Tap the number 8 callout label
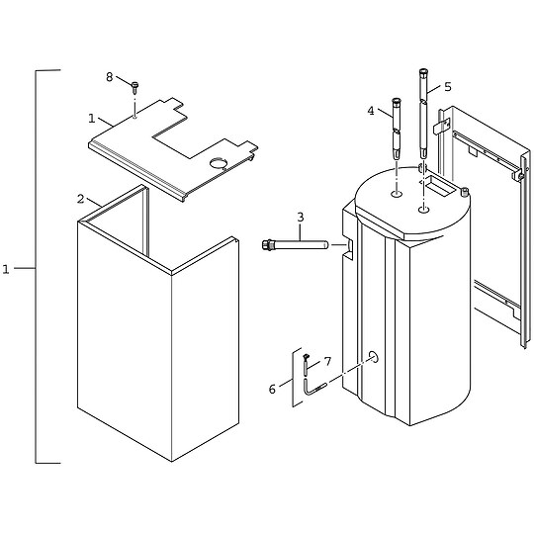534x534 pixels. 110,76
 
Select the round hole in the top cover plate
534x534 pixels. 220,161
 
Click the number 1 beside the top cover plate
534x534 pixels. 91,118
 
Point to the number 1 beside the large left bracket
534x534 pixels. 6,268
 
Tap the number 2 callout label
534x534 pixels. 81,199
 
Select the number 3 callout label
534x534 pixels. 300,217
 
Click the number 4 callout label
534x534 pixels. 371,111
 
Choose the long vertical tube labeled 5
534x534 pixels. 423,114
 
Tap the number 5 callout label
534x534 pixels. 447,87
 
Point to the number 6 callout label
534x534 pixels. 272,389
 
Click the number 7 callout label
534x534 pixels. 327,362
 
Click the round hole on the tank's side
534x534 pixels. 374,356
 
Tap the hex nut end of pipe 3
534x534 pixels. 266,243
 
